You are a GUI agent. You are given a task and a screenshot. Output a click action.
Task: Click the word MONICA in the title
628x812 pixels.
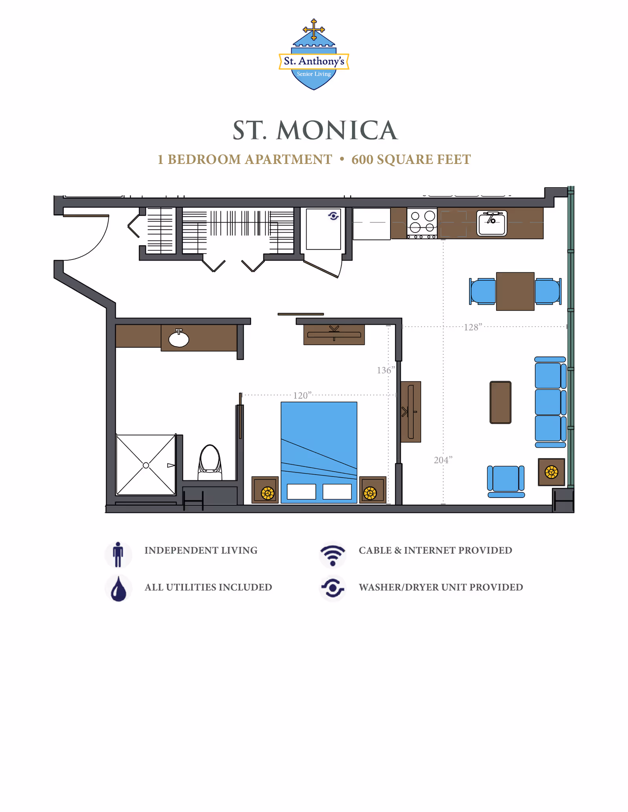point(337,130)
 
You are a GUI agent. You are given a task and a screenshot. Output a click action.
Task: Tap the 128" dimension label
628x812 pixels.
point(473,327)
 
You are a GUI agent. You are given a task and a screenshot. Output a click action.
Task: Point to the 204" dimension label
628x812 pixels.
point(443,460)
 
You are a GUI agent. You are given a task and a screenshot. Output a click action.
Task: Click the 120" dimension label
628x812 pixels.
point(302,395)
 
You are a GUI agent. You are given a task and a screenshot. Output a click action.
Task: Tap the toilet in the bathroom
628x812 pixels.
point(210,461)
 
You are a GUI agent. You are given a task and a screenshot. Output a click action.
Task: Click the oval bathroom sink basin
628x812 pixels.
point(179,339)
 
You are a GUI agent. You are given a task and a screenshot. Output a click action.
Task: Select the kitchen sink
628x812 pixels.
point(491,223)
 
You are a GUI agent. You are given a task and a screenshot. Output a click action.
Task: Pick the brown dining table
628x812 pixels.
point(515,291)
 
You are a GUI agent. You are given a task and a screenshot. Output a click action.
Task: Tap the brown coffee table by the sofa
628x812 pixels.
point(500,402)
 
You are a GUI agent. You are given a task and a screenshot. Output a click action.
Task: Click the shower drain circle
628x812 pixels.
point(146,465)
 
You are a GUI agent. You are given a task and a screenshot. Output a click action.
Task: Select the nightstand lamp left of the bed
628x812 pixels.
point(267,492)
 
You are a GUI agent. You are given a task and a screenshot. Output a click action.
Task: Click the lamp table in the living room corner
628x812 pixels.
point(551,472)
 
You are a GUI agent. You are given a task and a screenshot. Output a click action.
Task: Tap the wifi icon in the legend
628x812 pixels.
point(332,554)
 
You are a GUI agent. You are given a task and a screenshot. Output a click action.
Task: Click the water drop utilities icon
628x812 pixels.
point(118,589)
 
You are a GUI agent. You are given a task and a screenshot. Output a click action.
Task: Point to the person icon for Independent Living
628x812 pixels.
point(118,554)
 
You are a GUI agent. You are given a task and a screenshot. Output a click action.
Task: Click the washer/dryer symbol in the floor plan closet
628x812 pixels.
point(334,216)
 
